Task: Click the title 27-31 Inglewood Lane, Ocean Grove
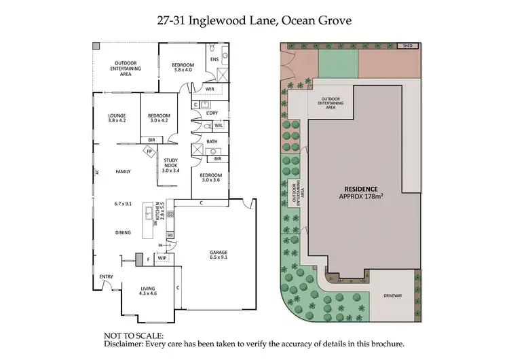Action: (254, 21)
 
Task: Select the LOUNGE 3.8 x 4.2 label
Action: (117, 118)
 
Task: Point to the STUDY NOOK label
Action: (170, 164)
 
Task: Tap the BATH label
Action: (212, 141)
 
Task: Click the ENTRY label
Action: (106, 276)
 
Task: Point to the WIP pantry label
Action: (162, 258)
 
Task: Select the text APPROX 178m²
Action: (361, 196)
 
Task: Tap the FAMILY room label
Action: (123, 171)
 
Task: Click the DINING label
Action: (123, 232)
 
